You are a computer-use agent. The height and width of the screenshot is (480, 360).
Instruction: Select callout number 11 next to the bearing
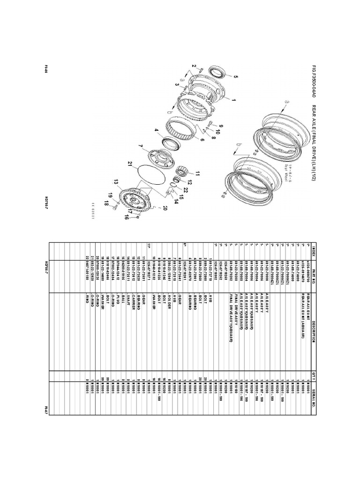pyautogui.click(x=198, y=172)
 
